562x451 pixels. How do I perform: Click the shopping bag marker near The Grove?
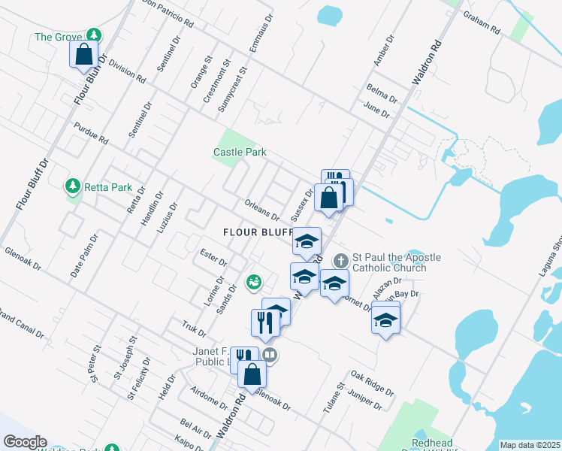click(x=83, y=54)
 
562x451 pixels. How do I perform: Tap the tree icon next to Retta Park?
click(x=73, y=186)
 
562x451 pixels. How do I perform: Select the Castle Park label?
click(x=240, y=152)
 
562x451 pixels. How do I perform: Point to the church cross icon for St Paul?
click(x=340, y=260)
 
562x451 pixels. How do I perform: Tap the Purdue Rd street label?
click(x=92, y=134)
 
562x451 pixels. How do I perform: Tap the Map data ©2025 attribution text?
click(x=530, y=445)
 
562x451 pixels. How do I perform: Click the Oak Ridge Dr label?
click(x=372, y=382)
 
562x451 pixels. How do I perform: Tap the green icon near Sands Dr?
click(x=254, y=282)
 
